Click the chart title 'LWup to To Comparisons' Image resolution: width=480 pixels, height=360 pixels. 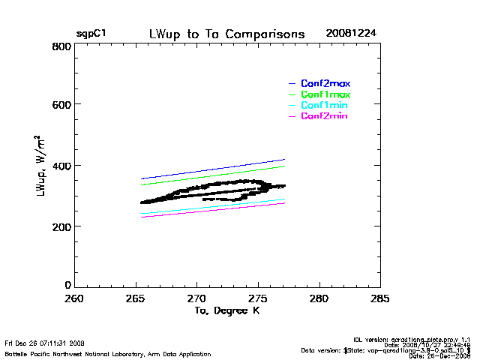(227, 34)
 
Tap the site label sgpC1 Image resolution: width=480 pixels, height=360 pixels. (91, 34)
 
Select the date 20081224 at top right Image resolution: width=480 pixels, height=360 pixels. (351, 34)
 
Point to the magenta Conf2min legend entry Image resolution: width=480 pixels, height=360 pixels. (325, 116)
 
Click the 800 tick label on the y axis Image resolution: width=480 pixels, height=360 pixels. (62, 46)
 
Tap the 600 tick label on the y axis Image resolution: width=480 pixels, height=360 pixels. (62, 105)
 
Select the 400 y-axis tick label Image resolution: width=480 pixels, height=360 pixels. (62, 166)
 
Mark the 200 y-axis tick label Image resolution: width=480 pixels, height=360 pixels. (62, 226)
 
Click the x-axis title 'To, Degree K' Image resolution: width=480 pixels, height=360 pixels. (226, 311)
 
